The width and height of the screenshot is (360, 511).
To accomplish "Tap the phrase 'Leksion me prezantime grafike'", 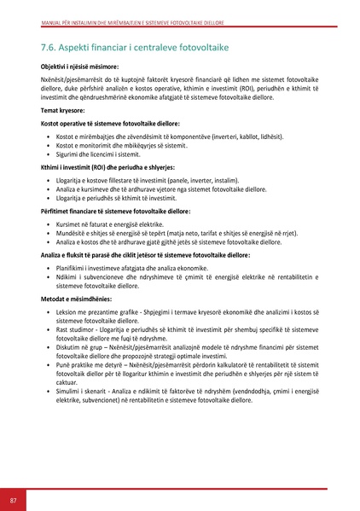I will coord(109,313).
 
